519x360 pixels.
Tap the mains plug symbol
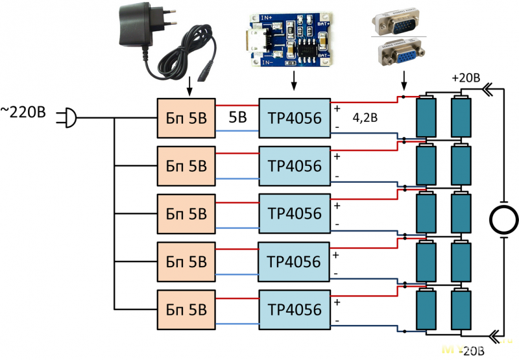point(67,118)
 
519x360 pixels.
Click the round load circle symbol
point(503,219)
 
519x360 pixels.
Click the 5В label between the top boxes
point(237,118)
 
